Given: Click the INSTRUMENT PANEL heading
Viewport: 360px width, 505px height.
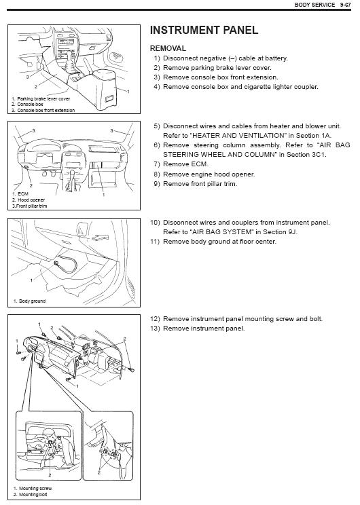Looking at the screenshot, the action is [x=204, y=31].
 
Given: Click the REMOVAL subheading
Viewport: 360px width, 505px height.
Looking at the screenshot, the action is [x=168, y=48].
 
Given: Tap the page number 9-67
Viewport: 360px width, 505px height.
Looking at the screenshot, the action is [x=345, y=5].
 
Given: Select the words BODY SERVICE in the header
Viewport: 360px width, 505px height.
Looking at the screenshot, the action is [x=314, y=5].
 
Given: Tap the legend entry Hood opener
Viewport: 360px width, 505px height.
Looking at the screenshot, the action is [x=31, y=200].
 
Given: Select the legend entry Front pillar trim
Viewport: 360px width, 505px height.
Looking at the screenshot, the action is [x=31, y=206].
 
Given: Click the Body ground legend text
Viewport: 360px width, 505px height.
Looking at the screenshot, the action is [x=32, y=301].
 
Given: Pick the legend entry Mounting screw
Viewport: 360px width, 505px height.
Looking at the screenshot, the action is [x=35, y=488].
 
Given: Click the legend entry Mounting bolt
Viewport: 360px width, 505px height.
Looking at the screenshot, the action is [x=33, y=494].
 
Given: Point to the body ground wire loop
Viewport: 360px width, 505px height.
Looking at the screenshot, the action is [x=68, y=263].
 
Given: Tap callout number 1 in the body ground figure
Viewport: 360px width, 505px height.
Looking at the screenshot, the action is [x=31, y=280].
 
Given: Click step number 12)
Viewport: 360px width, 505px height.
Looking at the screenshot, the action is [x=155, y=319].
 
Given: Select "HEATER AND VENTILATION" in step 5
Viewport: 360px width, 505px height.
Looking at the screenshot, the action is [x=238, y=136].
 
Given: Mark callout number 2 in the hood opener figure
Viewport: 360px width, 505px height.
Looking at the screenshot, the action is [x=31, y=185].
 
